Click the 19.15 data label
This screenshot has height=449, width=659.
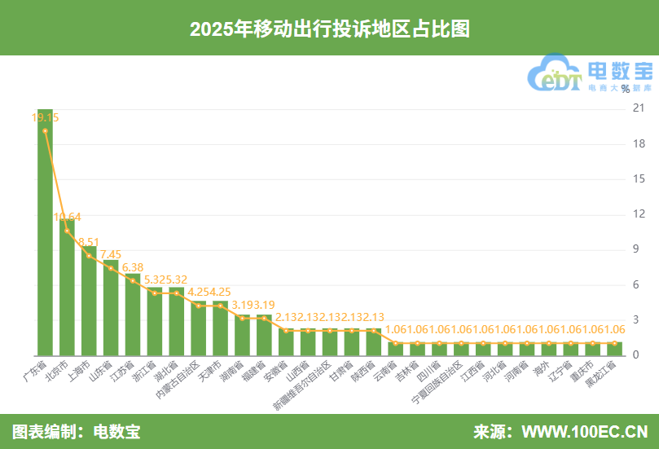45,117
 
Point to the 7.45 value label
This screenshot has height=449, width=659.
111,254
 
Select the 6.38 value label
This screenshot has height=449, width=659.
132,267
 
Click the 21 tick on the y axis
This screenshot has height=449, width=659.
639,108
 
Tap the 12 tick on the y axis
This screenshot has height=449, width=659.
639,214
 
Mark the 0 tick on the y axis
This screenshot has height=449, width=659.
636,355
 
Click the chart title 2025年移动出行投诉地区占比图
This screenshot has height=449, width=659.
329,29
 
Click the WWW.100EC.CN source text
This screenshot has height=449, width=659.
584,431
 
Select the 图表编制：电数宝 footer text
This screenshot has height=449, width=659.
76,431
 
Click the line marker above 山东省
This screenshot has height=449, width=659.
111,268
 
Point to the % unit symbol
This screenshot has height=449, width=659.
625,89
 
